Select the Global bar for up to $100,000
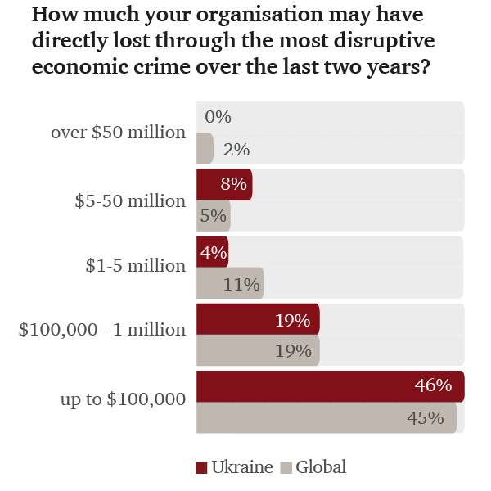326,418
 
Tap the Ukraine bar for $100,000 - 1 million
257,319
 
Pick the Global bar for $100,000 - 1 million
257,351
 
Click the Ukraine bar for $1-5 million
212,251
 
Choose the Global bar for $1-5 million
229,284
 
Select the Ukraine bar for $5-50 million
223,184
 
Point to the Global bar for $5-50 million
213,217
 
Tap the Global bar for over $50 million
205,150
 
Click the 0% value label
218,117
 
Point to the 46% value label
433,385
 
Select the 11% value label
243,285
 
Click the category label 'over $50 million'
118,132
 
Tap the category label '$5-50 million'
132,200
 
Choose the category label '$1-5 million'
135,266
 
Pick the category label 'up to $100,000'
122,399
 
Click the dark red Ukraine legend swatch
201,468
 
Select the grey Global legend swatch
286,468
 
